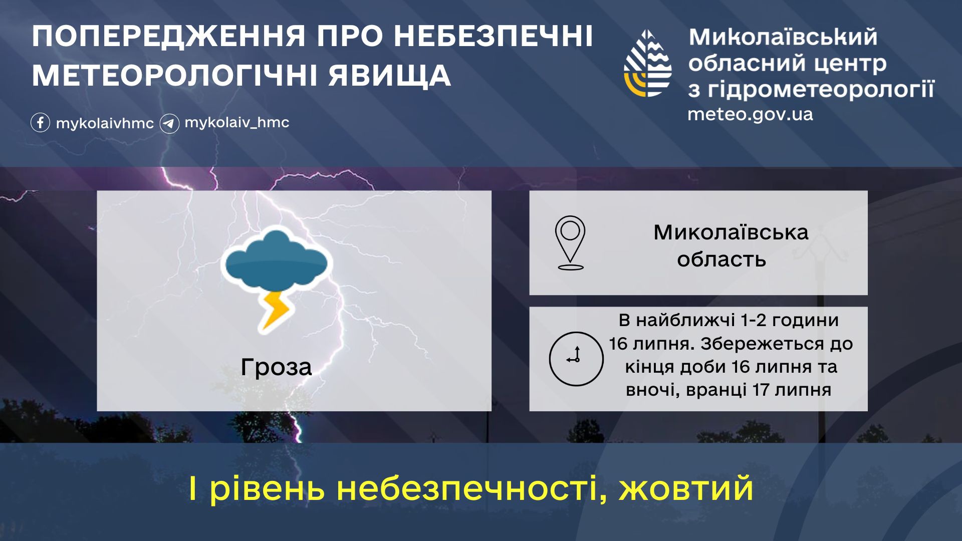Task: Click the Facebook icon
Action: (40, 123)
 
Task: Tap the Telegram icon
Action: (169, 123)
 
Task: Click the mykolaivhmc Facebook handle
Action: (105, 124)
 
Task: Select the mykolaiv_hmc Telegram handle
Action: (237, 123)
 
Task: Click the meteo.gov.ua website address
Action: (750, 114)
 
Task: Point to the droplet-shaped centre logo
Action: (648, 63)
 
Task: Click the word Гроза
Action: (276, 367)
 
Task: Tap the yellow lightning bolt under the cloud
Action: (274, 311)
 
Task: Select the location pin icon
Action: (570, 242)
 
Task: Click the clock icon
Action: (576, 359)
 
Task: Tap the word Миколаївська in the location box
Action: (731, 232)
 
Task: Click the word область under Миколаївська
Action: (722, 259)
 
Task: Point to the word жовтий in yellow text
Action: (686, 488)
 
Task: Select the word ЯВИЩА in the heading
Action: (390, 76)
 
